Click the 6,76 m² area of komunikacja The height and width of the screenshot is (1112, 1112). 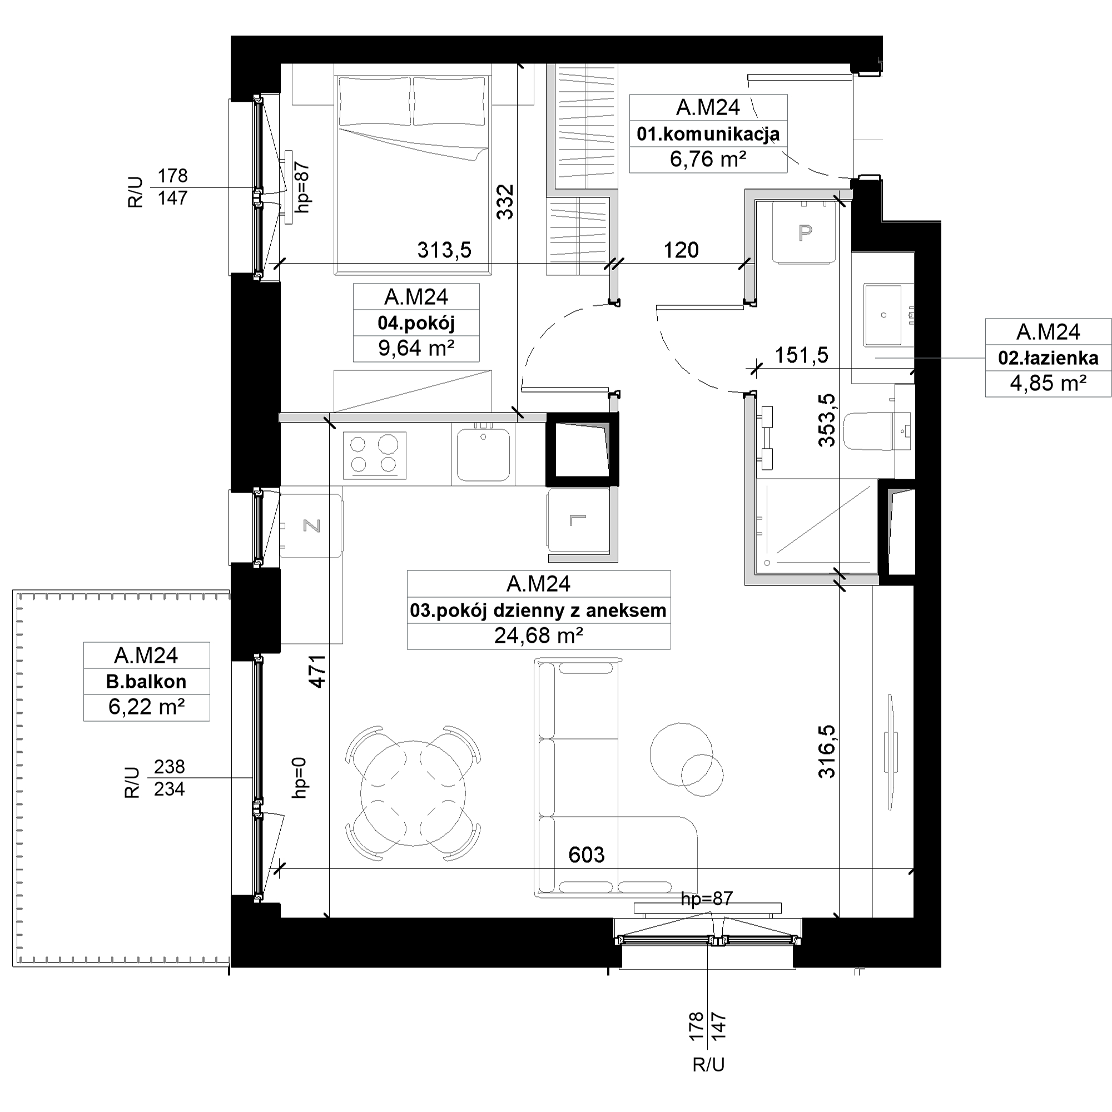click(x=708, y=159)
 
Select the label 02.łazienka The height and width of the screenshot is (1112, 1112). click(x=1048, y=358)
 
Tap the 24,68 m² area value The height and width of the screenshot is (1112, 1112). click(x=539, y=636)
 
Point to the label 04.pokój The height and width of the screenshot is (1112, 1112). click(x=416, y=323)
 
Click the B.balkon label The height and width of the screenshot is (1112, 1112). click(x=146, y=682)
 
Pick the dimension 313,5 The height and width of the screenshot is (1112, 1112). click(x=444, y=250)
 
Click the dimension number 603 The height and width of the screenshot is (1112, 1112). click(x=587, y=855)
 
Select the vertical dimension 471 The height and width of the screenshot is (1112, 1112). click(x=317, y=672)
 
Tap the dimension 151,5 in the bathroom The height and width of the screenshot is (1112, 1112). click(x=802, y=355)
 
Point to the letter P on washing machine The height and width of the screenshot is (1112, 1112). click(x=805, y=232)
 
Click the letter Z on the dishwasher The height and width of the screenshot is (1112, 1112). click(x=311, y=525)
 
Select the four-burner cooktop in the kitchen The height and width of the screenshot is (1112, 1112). click(x=375, y=455)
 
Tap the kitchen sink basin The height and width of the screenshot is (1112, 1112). click(x=484, y=455)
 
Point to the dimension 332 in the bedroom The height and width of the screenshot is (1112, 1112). click(x=505, y=201)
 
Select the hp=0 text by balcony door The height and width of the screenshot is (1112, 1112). click(x=300, y=778)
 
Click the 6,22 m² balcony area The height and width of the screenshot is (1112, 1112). click(x=146, y=707)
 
